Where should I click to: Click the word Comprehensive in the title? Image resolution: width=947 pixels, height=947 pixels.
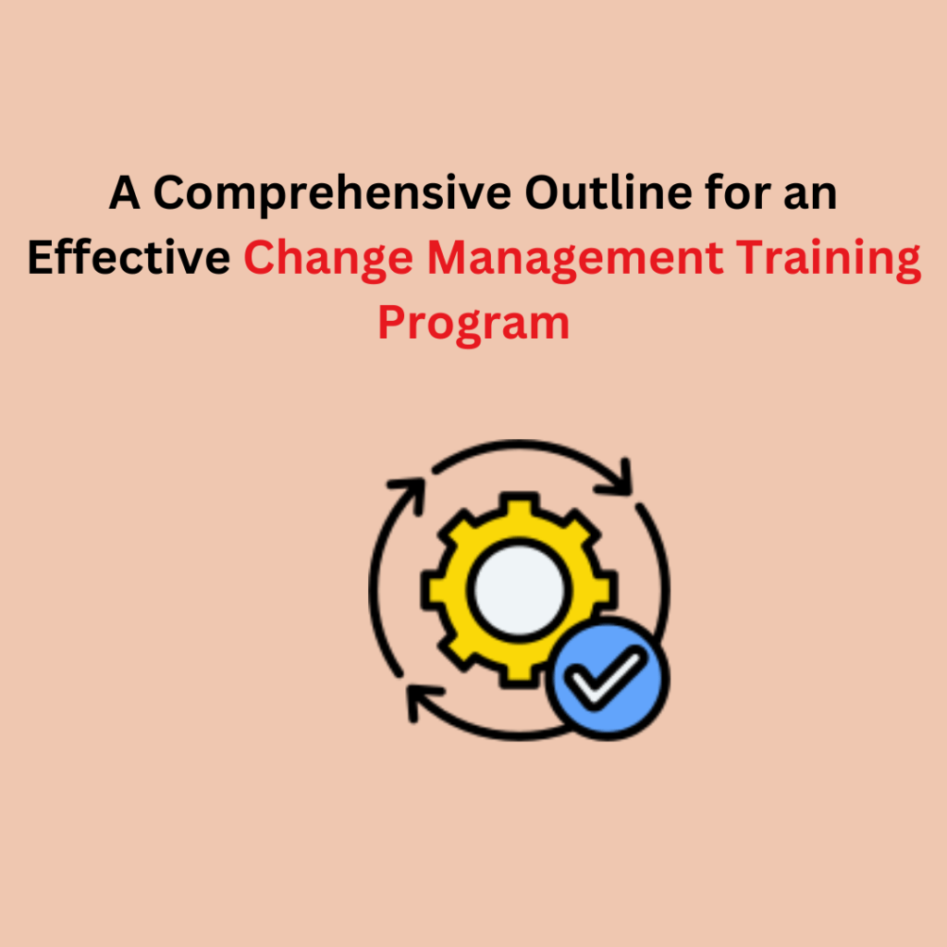332,194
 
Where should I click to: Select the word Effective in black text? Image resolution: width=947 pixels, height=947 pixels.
129,257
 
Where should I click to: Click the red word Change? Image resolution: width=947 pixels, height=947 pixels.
328,260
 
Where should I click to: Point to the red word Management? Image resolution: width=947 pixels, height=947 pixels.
575,260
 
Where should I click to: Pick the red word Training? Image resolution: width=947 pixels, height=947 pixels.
828,260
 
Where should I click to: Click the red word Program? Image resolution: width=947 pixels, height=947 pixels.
473,326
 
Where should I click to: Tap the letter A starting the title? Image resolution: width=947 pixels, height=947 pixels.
125,192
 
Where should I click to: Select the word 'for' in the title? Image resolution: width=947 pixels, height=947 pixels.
737,192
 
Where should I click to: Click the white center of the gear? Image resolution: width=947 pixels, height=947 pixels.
519,589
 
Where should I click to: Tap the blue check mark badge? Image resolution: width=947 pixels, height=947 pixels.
608,678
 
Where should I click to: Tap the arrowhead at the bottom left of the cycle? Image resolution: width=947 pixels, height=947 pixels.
422,701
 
